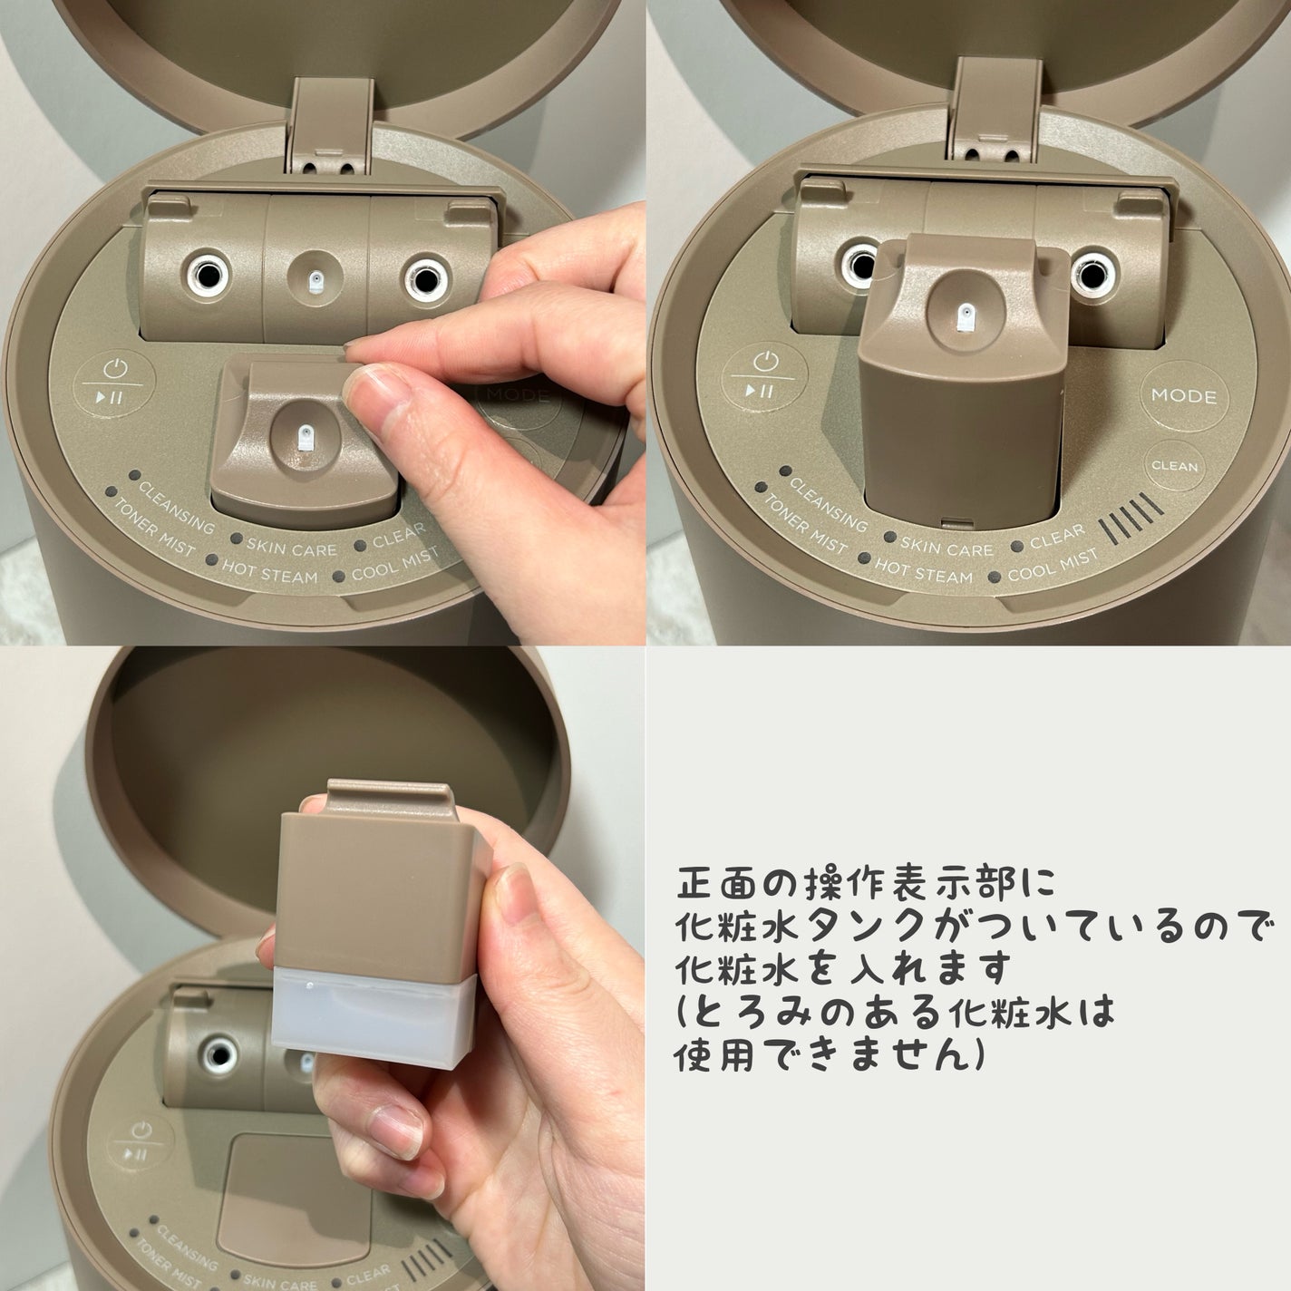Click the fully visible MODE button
[x=1183, y=396]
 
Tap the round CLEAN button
[x=1174, y=467]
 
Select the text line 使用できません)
[x=830, y=1054]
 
